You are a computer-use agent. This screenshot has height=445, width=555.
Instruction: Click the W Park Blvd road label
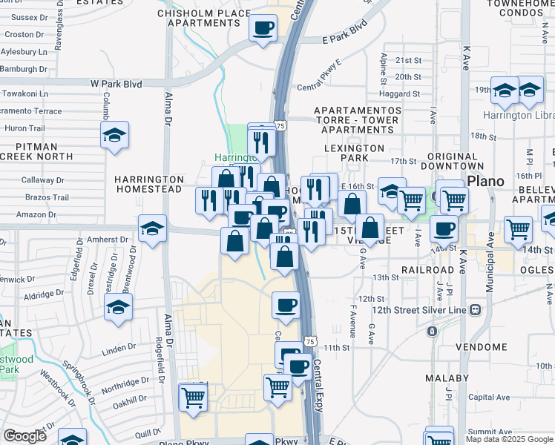(x=116, y=84)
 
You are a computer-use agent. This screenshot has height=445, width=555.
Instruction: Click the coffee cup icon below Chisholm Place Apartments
(x=263, y=28)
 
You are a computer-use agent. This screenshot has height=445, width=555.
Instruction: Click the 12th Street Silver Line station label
(x=420, y=309)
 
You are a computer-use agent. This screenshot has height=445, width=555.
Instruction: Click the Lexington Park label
(x=355, y=148)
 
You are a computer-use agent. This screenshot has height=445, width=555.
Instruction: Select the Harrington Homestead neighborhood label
(x=148, y=184)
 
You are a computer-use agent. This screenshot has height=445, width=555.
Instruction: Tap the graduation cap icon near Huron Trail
(x=114, y=136)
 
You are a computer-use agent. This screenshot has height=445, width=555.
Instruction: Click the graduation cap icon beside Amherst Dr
(x=152, y=228)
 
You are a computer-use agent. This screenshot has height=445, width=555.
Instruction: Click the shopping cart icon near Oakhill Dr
(x=193, y=396)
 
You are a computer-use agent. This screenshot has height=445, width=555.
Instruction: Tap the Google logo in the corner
(x=25, y=436)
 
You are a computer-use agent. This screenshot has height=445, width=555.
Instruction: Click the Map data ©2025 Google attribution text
(x=508, y=439)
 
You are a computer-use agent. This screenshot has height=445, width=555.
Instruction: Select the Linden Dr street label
(x=119, y=346)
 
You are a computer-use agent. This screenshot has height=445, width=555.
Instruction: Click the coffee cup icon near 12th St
(x=286, y=305)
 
